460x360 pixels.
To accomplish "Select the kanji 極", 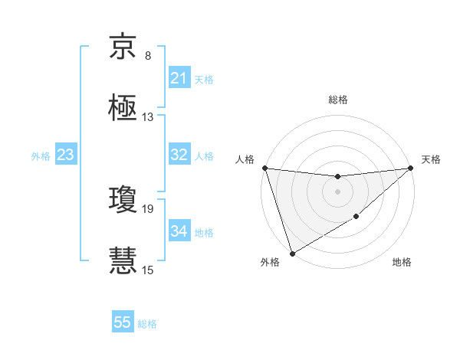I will pos(123,108).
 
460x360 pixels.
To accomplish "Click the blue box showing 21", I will pos(179,78).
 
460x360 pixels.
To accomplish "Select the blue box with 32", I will pos(179,155).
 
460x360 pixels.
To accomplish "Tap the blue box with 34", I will pos(179,231).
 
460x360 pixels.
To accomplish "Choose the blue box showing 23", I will pos(66,155).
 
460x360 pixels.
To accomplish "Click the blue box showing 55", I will pos(123,322).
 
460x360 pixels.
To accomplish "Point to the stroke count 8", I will pos(148,56).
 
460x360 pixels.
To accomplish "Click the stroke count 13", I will pos(148,117).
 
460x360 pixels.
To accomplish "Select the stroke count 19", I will pos(148,208).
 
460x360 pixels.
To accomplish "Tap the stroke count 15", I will pos(148,270).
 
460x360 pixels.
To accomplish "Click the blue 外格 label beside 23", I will pos(41,155).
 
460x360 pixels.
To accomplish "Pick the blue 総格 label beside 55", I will pos(147,324).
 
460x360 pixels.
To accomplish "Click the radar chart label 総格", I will pos(338,100).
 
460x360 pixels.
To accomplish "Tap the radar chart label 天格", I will pos(431,159).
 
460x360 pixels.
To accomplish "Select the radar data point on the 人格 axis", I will pos(264,168).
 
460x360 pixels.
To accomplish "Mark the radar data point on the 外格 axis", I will pos(292,253).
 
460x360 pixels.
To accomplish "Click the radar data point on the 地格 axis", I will pos(357,218).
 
